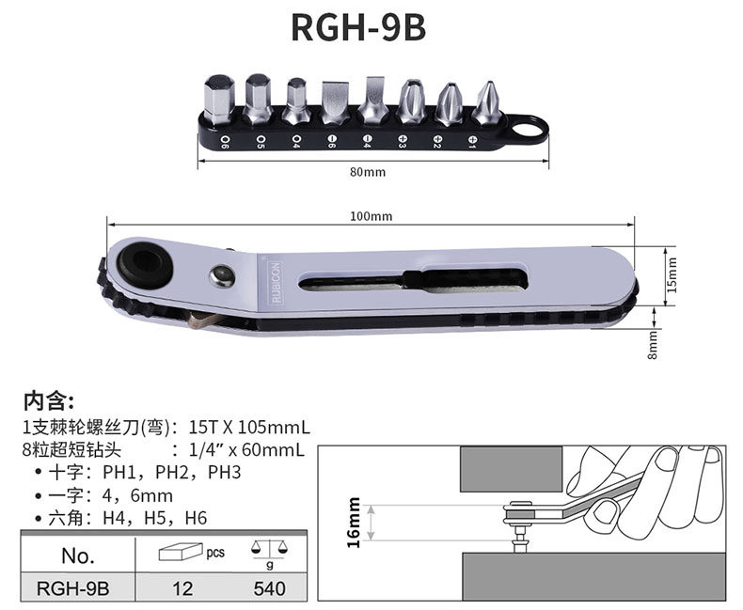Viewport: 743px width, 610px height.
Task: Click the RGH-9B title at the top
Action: tap(358, 27)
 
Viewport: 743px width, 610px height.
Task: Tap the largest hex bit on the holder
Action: tap(219, 100)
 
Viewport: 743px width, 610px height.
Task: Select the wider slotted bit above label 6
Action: tap(336, 102)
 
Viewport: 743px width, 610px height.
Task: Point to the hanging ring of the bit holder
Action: tap(528, 129)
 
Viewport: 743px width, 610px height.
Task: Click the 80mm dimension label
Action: tap(368, 172)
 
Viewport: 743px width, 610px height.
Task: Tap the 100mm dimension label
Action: tap(371, 216)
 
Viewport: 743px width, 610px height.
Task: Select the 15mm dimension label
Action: tap(672, 275)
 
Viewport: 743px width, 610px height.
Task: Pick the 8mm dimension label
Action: tap(653, 345)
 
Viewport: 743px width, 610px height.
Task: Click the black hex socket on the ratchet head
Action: tap(145, 261)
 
